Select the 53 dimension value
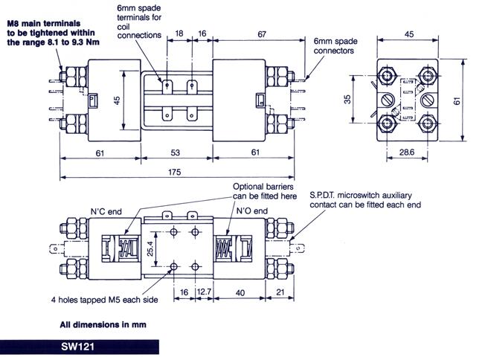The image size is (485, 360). [176, 152]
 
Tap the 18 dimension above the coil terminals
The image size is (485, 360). [179, 33]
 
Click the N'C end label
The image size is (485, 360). [105, 210]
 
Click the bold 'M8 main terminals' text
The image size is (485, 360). [44, 12]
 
